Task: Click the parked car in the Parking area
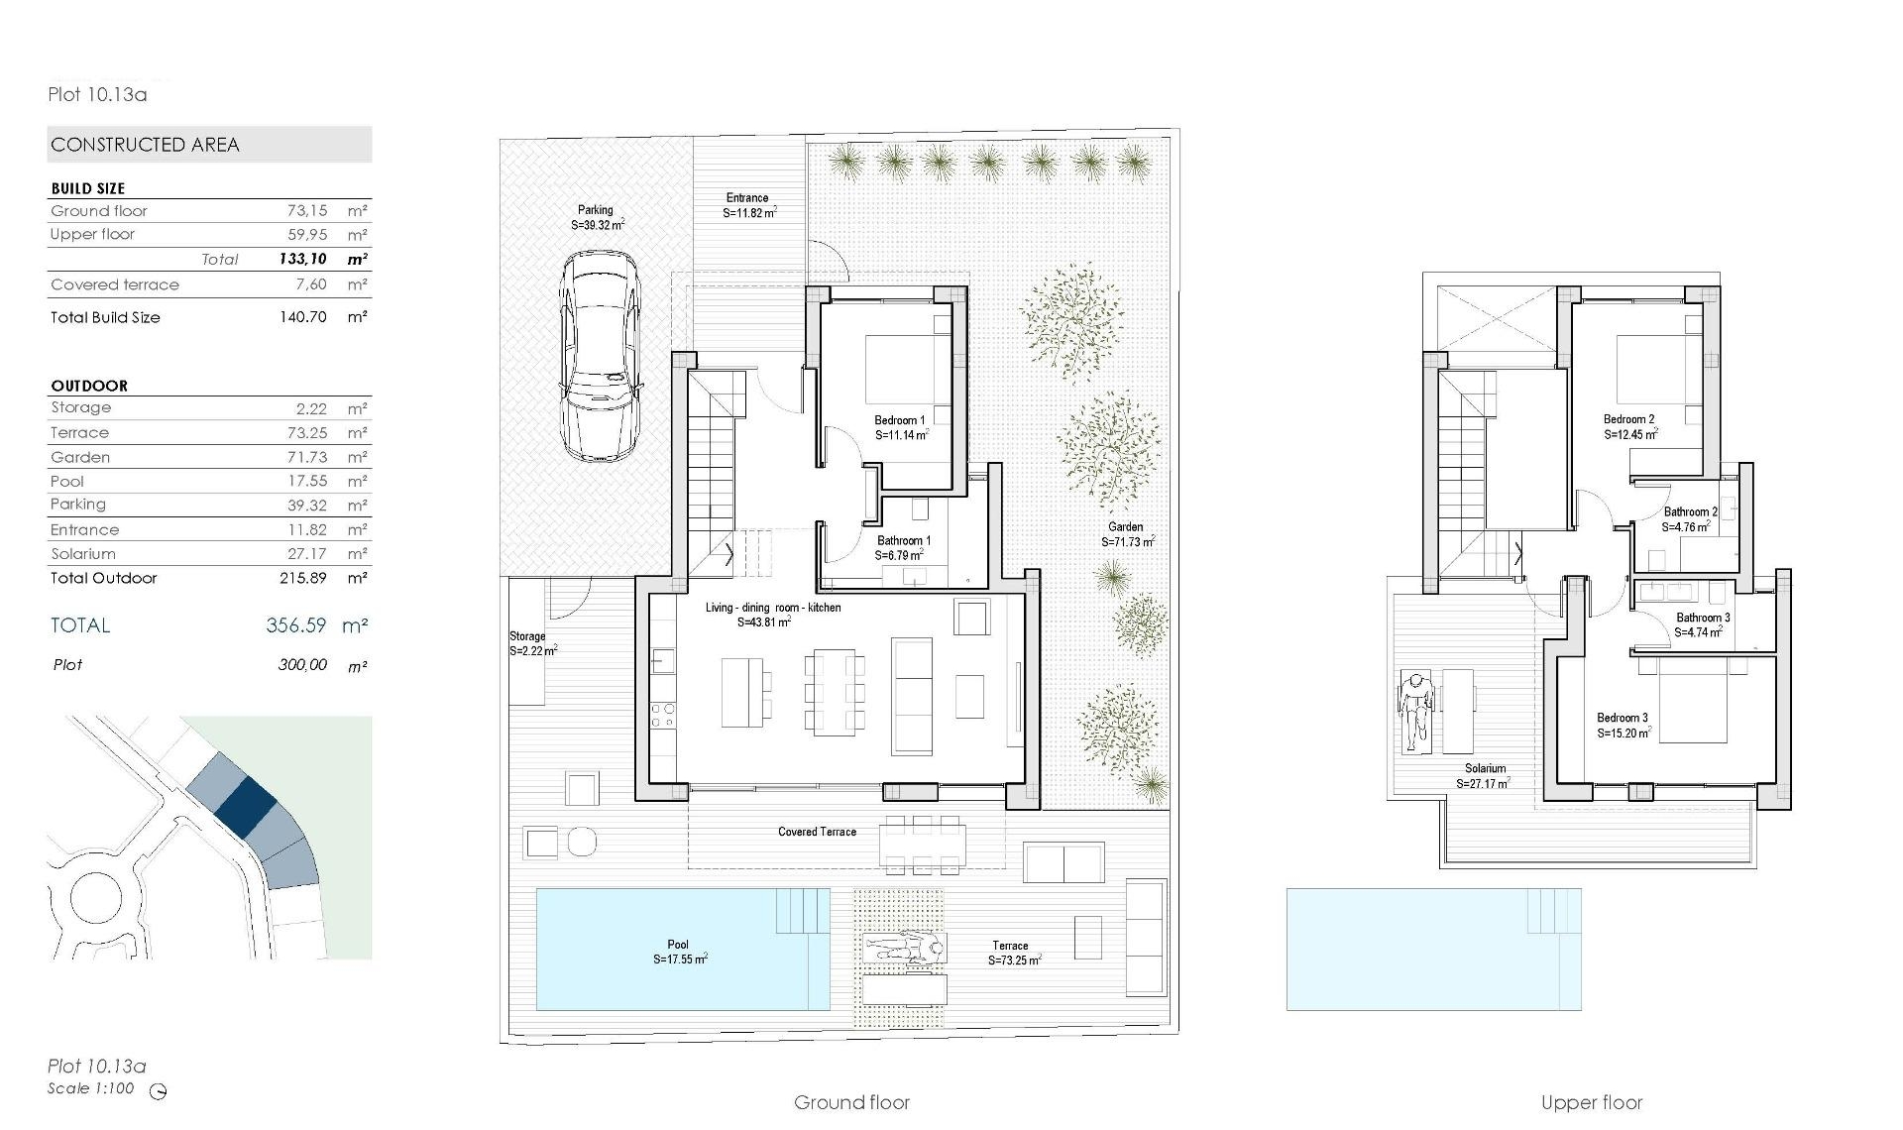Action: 599,355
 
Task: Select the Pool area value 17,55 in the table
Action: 307,481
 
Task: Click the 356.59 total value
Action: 295,625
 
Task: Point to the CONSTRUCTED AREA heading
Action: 146,145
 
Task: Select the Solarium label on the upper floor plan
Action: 1485,768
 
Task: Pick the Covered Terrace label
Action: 817,832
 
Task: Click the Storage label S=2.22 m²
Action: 532,643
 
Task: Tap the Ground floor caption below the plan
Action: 851,1102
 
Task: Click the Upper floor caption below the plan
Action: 1592,1102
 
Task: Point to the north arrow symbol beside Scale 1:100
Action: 159,1091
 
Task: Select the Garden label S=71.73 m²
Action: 1127,534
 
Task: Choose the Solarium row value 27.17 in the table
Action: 307,554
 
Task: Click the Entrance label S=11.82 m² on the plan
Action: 748,205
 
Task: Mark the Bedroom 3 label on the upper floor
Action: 1623,725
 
